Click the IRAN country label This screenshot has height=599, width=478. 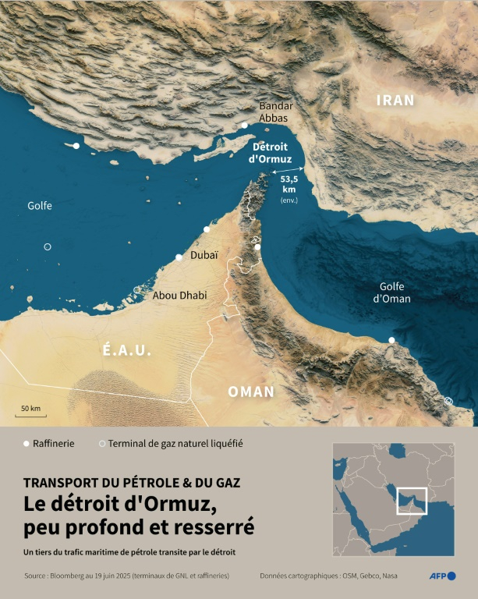(395, 100)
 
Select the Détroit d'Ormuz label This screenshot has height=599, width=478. (269, 152)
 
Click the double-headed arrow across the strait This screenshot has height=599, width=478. (289, 171)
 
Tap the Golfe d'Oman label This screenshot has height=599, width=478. (391, 292)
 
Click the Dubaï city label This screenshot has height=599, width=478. (204, 254)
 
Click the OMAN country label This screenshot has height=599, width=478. (251, 392)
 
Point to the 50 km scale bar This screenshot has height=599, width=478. (30, 413)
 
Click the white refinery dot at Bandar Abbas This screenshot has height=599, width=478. (244, 125)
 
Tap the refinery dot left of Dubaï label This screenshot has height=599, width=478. (179, 257)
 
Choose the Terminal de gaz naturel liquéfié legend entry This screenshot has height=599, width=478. (172, 443)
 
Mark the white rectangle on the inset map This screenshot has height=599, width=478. (412, 501)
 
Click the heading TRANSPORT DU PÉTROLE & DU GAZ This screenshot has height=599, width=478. (133, 483)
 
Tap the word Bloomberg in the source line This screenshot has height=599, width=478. (75, 576)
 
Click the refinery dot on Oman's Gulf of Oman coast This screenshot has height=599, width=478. (391, 340)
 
